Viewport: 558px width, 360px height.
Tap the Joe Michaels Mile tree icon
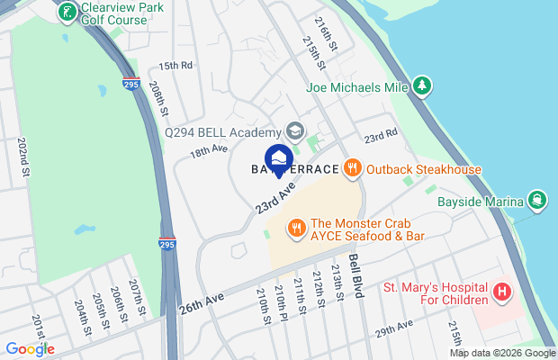(422, 86)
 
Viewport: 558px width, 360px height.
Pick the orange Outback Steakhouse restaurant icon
(353, 167)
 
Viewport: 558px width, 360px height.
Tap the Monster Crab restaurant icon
(294, 229)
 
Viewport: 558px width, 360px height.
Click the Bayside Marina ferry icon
(537, 200)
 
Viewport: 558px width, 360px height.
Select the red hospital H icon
(502, 293)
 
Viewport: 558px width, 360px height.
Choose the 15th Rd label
(175, 66)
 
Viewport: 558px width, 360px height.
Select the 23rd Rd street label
(380, 136)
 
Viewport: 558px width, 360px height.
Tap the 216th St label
(326, 31)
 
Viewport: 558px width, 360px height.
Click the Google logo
(30, 349)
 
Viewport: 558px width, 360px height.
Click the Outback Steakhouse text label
(424, 169)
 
